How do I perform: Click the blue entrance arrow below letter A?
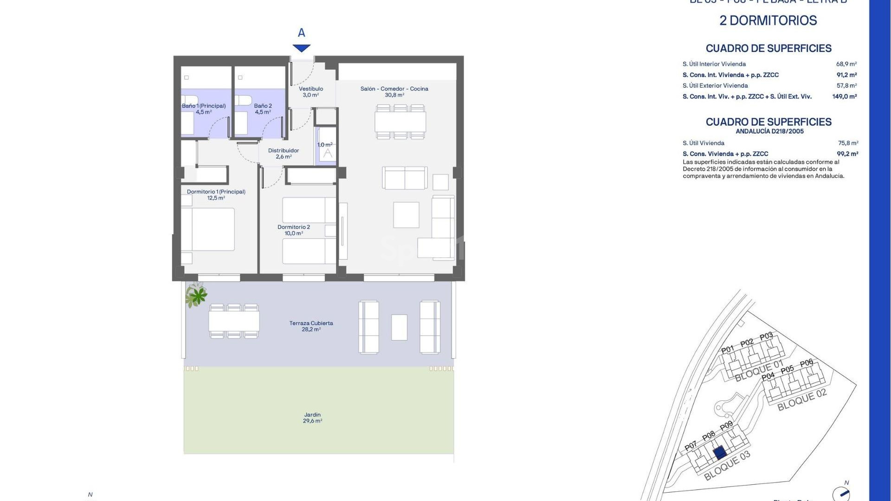click(x=301, y=48)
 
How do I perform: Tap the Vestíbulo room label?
click(x=310, y=92)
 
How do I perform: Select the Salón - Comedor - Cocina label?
click(x=394, y=91)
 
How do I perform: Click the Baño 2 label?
click(x=263, y=109)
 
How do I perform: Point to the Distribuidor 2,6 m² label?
click(x=283, y=154)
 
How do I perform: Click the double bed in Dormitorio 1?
click(x=208, y=229)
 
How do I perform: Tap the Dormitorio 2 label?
click(x=293, y=230)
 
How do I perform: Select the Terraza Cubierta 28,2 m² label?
click(x=311, y=326)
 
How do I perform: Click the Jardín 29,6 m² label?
click(x=312, y=417)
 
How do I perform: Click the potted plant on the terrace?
click(x=196, y=295)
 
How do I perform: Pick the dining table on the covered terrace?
click(x=233, y=321)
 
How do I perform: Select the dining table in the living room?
click(x=400, y=122)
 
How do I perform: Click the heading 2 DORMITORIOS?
click(x=768, y=20)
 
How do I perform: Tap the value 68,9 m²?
click(x=846, y=64)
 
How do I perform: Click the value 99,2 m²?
click(x=847, y=154)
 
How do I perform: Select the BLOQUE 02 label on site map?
click(x=802, y=400)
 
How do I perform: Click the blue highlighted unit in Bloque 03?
click(x=720, y=452)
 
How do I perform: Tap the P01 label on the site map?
click(x=728, y=349)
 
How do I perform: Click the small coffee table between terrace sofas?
click(x=399, y=327)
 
